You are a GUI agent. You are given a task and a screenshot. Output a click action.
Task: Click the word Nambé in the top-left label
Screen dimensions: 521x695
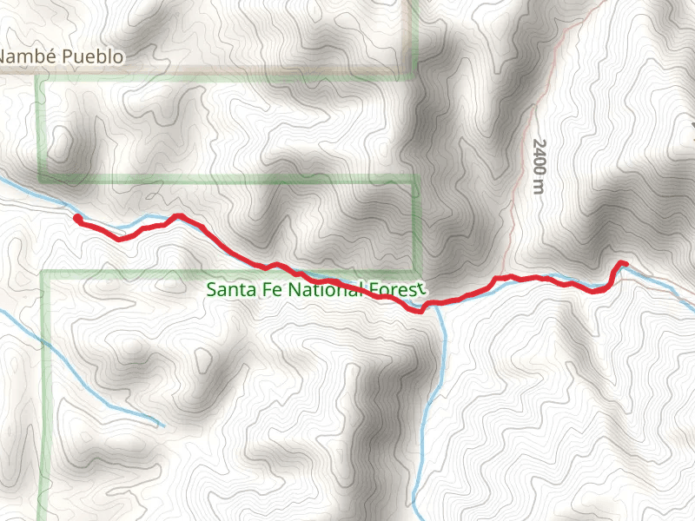(x=24, y=58)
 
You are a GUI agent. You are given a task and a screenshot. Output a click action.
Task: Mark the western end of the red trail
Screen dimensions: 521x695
(x=77, y=218)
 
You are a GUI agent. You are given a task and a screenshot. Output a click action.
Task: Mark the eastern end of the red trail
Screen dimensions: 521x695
(x=625, y=263)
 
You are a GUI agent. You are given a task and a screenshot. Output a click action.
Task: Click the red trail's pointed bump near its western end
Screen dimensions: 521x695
(x=179, y=215)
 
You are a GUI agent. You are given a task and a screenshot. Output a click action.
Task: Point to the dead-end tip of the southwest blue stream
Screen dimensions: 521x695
(x=162, y=425)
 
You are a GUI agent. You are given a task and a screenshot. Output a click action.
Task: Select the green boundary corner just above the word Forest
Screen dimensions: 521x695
(x=415, y=182)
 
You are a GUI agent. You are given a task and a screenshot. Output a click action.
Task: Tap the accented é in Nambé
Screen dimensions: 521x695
(x=45, y=58)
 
